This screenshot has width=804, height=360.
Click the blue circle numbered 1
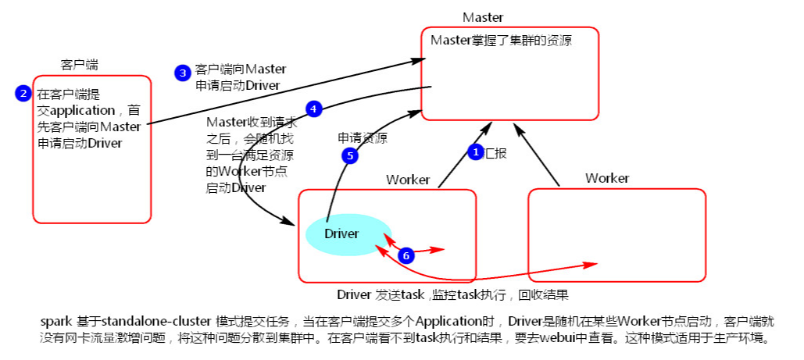pos(475,152)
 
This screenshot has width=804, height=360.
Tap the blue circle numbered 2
pos(23,94)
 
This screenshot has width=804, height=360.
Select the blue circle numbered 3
pos(182,73)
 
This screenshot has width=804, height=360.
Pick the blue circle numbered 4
pos(313,109)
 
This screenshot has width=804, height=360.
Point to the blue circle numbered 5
pos(350,155)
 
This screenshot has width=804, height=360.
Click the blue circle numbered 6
pos(406,255)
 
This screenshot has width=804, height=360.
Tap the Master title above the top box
pos(483,17)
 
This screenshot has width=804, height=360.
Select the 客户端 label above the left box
pos(79,64)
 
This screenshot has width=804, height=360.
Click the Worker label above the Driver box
pos(408,180)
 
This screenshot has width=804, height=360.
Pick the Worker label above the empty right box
pos(607,178)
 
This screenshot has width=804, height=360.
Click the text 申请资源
pos(363,138)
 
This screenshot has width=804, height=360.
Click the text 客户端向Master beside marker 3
pos(241,70)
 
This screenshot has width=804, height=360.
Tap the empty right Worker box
pos(617,234)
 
